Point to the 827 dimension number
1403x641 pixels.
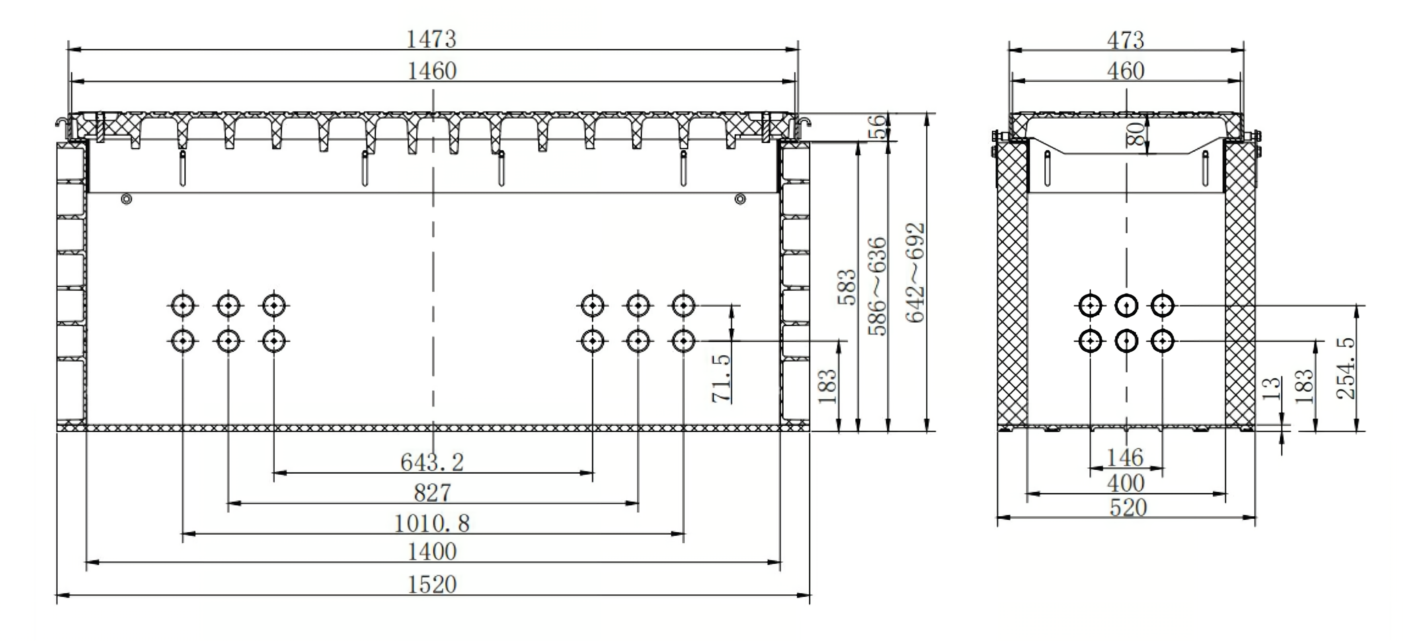point(433,493)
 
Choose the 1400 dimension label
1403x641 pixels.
point(432,552)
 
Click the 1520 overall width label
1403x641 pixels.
point(432,585)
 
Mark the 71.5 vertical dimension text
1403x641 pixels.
point(721,378)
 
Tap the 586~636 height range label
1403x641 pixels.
point(877,286)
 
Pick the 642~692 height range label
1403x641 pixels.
point(915,272)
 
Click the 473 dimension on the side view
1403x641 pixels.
point(1125,40)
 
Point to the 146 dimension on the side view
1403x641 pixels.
point(1125,457)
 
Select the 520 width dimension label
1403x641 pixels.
point(1128,508)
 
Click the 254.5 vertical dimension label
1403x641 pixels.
point(1345,369)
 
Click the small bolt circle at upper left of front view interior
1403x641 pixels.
point(126,200)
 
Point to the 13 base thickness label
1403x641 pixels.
point(1272,389)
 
